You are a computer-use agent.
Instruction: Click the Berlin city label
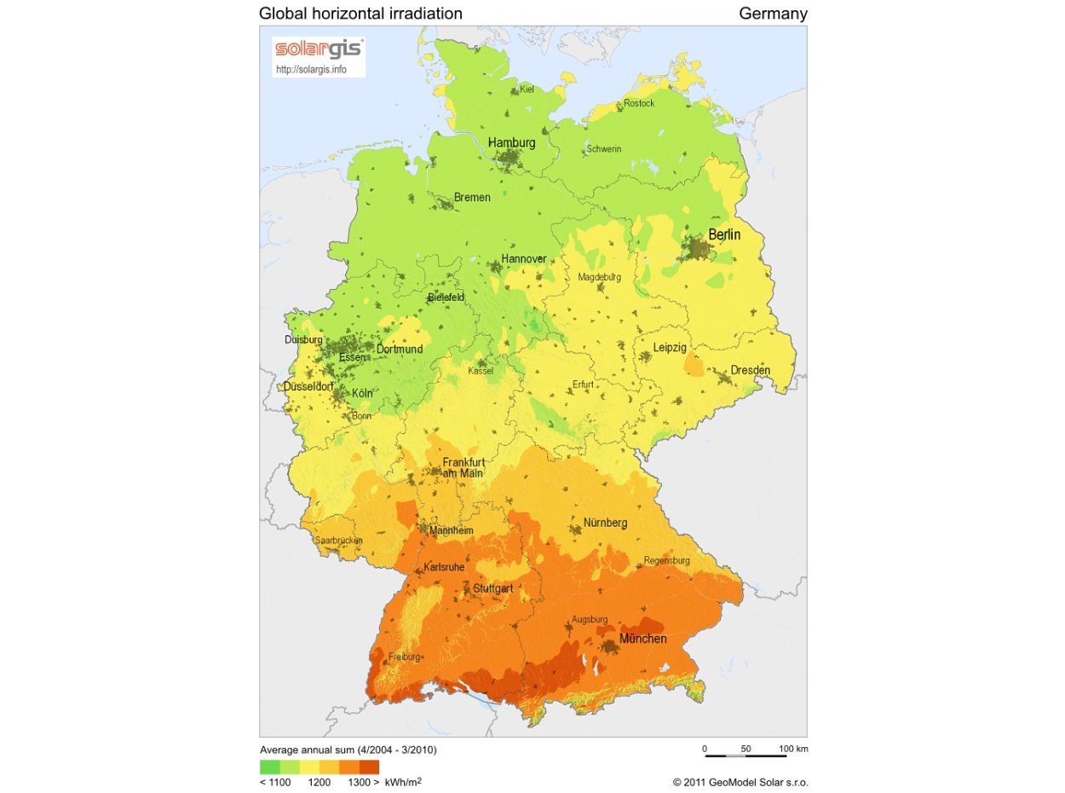coord(724,234)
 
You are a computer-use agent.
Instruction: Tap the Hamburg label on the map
coord(511,142)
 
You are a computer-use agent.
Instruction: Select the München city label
coord(642,638)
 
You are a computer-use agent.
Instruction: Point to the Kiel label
coord(527,89)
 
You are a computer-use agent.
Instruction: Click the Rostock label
coord(639,103)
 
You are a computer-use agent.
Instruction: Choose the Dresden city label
coord(750,370)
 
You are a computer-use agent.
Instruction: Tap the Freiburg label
coord(405,657)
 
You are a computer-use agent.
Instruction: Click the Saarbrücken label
coord(339,541)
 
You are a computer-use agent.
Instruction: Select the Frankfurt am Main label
coord(463,467)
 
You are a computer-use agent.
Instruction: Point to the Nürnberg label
coord(605,522)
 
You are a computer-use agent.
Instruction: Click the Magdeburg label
coord(599,277)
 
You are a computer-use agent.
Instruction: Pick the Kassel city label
coord(481,371)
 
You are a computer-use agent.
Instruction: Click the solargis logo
coord(318,49)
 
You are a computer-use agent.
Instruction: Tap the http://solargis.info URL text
coord(311,69)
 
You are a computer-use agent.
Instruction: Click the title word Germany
coord(773,14)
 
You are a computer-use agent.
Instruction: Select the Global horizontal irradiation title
coord(360,14)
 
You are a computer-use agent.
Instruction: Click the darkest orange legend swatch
coord(369,767)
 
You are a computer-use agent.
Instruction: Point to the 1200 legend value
coord(319,781)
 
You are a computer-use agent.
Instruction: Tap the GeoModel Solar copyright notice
coord(740,781)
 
